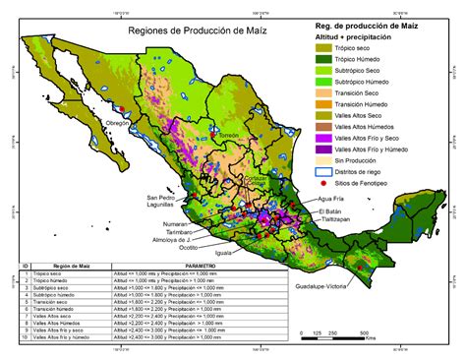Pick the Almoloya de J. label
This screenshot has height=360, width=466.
coord(172,238)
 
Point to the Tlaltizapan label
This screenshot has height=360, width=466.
coord(336,220)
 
